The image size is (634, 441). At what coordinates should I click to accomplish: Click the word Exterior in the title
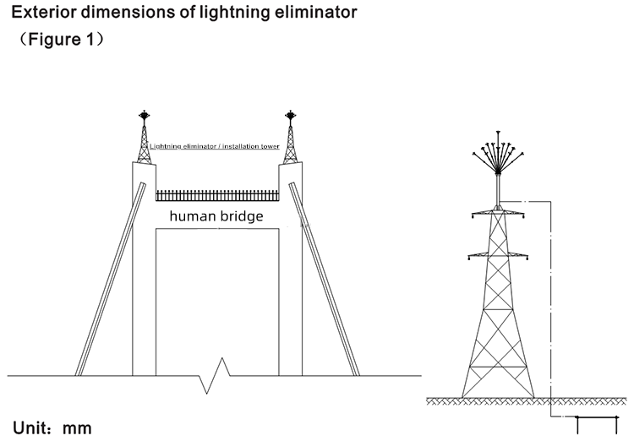(44, 12)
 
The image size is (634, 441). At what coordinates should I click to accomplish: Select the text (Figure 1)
(61, 39)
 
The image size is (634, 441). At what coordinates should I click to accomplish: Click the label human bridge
(216, 215)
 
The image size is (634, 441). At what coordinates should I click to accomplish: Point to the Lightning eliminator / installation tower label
(215, 146)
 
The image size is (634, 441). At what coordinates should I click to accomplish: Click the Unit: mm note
(52, 428)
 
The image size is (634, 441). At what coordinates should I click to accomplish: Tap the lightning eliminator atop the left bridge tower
(144, 115)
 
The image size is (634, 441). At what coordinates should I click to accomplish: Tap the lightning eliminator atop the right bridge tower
(290, 115)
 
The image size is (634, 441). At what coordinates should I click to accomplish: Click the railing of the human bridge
(217, 196)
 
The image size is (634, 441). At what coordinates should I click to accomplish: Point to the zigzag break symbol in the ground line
(215, 375)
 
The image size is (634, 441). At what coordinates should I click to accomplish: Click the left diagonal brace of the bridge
(110, 279)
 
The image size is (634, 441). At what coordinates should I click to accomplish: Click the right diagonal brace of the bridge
(324, 279)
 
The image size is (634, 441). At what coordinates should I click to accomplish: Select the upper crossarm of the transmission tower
(498, 213)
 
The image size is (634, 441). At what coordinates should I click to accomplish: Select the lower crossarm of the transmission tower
(498, 255)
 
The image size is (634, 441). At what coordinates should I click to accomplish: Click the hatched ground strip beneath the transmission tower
(527, 401)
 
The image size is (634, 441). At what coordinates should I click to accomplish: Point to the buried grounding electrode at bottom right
(597, 425)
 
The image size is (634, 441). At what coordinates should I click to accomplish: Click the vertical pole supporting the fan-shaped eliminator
(498, 189)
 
